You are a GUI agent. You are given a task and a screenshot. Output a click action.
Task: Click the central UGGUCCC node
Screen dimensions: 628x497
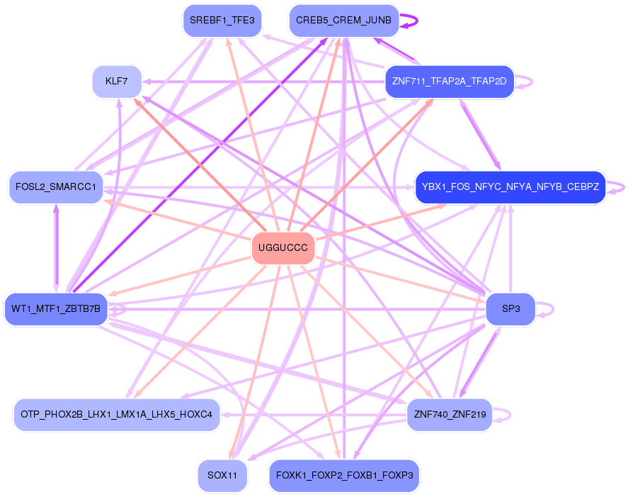pos(282,248)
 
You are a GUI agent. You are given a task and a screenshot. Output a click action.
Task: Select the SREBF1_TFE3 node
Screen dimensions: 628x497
pos(222,21)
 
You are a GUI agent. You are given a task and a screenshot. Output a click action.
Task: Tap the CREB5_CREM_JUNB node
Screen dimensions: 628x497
pos(343,21)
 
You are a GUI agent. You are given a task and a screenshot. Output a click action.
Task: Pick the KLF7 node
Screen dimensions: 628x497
pos(117,82)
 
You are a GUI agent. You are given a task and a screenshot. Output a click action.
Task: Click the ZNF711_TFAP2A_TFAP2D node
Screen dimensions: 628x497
pos(449,82)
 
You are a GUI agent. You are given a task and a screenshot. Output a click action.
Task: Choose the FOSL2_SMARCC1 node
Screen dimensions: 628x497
pos(56,187)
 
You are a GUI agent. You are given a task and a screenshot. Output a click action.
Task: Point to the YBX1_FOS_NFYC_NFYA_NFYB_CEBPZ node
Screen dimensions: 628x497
pos(510,187)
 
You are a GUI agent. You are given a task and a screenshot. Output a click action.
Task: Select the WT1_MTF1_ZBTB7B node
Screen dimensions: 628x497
pos(56,309)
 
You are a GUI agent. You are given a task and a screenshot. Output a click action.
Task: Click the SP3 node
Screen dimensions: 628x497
pos(510,309)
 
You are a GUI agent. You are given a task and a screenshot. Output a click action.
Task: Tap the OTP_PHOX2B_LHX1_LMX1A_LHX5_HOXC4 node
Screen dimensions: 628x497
pos(117,415)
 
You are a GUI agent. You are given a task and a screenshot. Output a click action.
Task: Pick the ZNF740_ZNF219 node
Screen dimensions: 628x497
pos(449,415)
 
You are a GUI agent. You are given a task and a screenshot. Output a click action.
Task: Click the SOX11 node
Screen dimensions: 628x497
pos(222,475)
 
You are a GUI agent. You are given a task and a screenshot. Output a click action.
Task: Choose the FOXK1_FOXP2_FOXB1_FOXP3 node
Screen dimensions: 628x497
pos(344,475)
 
